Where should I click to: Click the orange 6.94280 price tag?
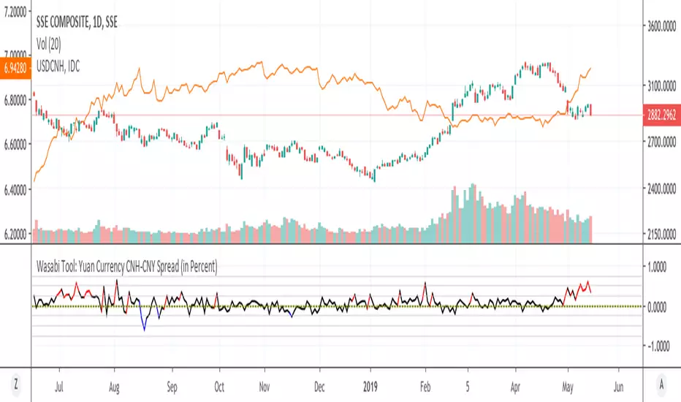point(15,66)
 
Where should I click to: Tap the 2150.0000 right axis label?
point(663,234)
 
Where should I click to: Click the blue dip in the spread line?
point(144,329)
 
